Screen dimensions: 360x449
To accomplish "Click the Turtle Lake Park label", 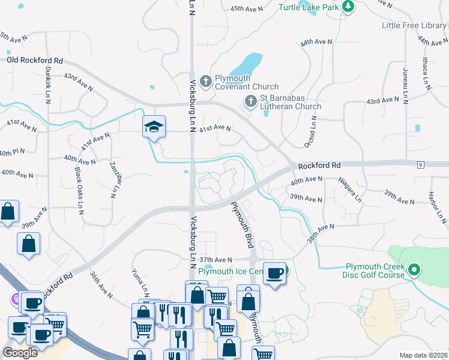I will [x=309, y=7].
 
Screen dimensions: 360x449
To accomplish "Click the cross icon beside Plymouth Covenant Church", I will [x=206, y=81].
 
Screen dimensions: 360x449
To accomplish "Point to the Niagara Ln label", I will [x=349, y=188].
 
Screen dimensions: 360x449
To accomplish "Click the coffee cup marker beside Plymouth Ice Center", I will [x=275, y=273].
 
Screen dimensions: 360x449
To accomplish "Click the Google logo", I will [x=20, y=353].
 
